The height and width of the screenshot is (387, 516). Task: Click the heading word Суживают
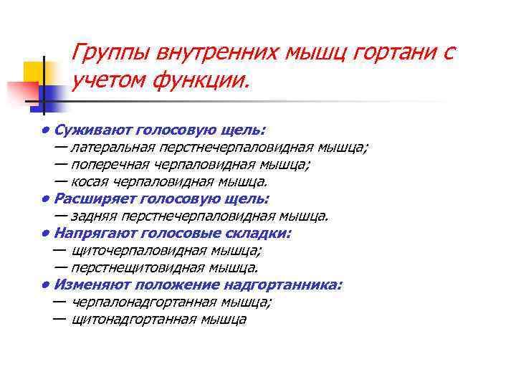click(89, 130)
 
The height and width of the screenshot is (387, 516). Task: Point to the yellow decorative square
click(34, 72)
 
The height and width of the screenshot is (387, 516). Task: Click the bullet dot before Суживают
click(44, 130)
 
